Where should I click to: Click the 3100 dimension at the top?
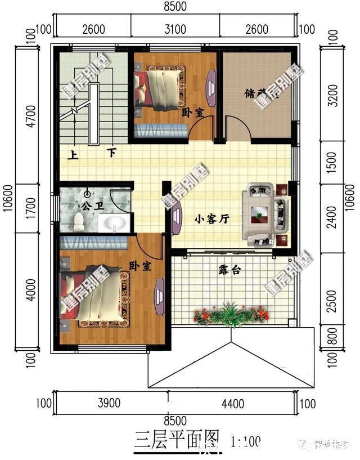(x=175, y=29)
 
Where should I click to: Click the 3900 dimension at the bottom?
(x=110, y=403)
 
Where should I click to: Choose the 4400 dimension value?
(x=232, y=403)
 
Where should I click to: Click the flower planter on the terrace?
(x=231, y=315)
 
